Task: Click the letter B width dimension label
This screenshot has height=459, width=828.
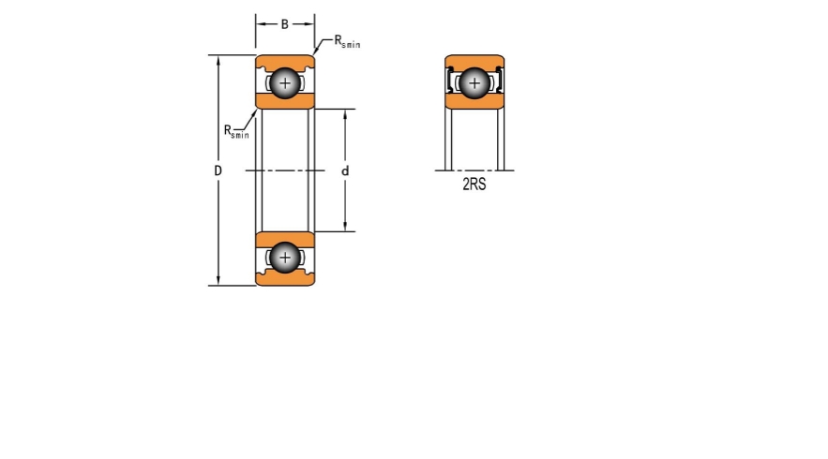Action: (285, 24)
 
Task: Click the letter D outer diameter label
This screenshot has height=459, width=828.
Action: (218, 170)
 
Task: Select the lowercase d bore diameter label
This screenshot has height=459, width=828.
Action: (345, 170)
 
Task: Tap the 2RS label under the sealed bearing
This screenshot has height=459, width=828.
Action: (474, 185)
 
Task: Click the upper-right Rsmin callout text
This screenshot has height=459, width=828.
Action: (348, 41)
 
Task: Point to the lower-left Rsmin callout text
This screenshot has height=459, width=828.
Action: (236, 131)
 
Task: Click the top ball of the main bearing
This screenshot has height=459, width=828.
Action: (285, 82)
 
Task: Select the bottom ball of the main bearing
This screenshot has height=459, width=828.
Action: (285, 258)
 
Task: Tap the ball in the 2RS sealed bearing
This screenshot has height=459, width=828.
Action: (474, 82)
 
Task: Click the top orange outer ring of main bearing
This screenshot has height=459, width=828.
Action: (285, 62)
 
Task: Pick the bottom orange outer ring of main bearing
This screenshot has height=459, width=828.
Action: (285, 277)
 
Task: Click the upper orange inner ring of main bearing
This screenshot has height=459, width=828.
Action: (285, 101)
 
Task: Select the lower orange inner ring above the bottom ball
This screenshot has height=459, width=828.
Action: (285, 240)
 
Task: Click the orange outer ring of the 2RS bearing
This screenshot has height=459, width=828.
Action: (474, 62)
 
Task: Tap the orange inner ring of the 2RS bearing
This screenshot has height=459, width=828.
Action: (474, 101)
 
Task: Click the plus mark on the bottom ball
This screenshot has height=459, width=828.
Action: (285, 258)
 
